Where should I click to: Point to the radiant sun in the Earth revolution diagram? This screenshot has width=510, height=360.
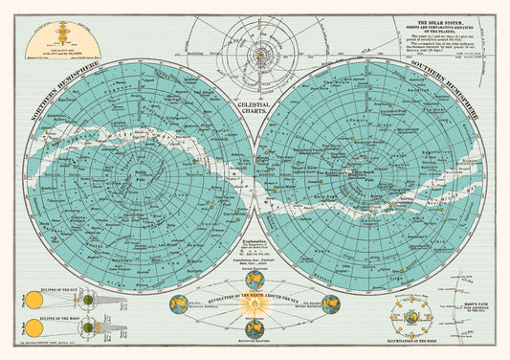255,305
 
